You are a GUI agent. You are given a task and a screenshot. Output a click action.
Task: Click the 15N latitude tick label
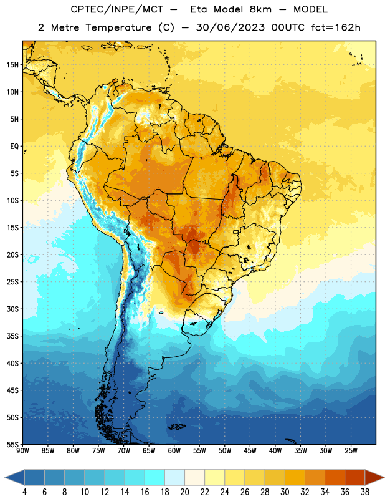pyautogui.click(x=12, y=65)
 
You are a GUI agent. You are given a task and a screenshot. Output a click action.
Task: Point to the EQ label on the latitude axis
pyautogui.click(x=14, y=147)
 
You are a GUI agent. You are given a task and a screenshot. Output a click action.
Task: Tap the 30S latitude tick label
pyautogui.click(x=12, y=309)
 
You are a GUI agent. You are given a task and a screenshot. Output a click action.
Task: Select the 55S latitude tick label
pyautogui.click(x=12, y=445)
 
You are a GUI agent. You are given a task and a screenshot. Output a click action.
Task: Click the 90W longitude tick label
pyautogui.click(x=22, y=451)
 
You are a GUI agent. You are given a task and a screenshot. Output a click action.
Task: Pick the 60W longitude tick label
pyautogui.click(x=174, y=451)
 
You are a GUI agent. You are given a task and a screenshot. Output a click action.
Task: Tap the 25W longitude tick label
pyautogui.click(x=351, y=451)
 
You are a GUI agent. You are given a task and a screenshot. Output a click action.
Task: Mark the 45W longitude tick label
pyautogui.click(x=250, y=451)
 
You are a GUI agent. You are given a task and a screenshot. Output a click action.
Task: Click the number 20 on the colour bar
pyautogui.click(x=184, y=492)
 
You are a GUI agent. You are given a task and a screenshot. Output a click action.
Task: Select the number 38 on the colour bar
pyautogui.click(x=364, y=492)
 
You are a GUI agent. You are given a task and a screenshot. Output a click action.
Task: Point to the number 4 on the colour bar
pyautogui.click(x=24, y=492)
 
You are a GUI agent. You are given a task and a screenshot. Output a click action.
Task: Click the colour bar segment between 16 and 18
pyautogui.click(x=154, y=477)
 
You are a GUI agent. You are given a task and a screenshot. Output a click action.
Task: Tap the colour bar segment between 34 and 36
pyautogui.click(x=335, y=477)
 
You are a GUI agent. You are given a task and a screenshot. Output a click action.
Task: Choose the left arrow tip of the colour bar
pyautogui.click(x=5, y=477)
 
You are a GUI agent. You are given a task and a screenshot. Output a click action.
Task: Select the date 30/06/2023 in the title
pyautogui.click(x=230, y=27)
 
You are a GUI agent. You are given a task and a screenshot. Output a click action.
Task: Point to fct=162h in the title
pyautogui.click(x=336, y=27)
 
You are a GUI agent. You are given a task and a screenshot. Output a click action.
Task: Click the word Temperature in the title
pyautogui.click(x=118, y=27)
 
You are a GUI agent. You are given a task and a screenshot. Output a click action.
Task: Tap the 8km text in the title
pyautogui.click(x=260, y=9)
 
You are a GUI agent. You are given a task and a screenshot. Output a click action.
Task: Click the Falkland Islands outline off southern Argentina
pyautogui.click(x=176, y=427)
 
